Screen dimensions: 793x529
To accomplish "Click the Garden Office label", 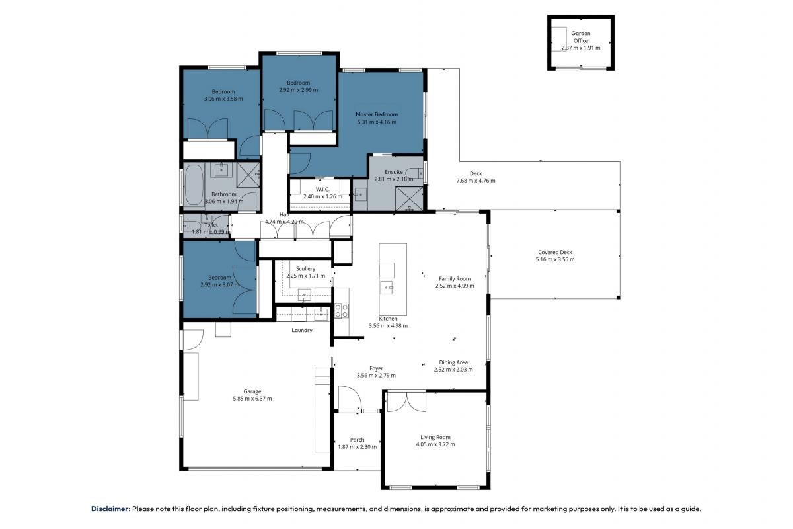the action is (x=581, y=37).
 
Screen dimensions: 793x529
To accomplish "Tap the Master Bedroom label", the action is (x=377, y=114).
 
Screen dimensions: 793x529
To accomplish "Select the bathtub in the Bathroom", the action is (x=194, y=184).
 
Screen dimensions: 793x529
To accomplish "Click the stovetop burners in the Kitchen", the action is (x=341, y=311).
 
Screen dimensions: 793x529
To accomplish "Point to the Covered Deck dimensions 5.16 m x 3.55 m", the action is (x=554, y=259).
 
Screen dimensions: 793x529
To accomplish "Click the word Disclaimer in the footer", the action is (x=111, y=509).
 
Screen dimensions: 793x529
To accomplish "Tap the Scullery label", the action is (x=305, y=269).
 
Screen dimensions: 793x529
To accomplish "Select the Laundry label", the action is (x=302, y=330).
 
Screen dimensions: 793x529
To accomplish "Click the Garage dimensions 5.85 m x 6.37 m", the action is (x=252, y=399).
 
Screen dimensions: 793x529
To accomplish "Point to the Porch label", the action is (x=357, y=440).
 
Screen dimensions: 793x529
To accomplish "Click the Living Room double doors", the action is (x=407, y=402).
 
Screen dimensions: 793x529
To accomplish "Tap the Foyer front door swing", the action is (x=350, y=397).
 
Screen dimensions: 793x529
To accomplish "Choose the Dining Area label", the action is (x=453, y=362).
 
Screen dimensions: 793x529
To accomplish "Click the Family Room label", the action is (x=455, y=279).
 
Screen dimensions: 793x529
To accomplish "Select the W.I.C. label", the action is (x=322, y=190).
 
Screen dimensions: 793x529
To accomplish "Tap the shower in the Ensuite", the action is (x=409, y=198).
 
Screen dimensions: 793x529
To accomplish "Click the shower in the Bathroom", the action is (x=248, y=175).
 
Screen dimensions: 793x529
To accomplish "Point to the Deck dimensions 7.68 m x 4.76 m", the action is (x=476, y=181).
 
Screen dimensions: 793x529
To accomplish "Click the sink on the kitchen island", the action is (x=386, y=288).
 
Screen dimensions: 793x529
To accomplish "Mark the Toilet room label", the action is (x=211, y=225).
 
